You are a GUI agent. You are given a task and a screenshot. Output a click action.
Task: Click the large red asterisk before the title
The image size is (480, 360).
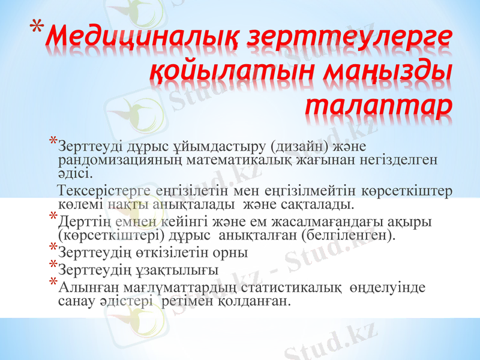pos(37,27)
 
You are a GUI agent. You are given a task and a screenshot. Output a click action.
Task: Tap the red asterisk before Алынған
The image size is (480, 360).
pos(53,283)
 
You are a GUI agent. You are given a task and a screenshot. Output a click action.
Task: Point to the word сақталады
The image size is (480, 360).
pos(323,205)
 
